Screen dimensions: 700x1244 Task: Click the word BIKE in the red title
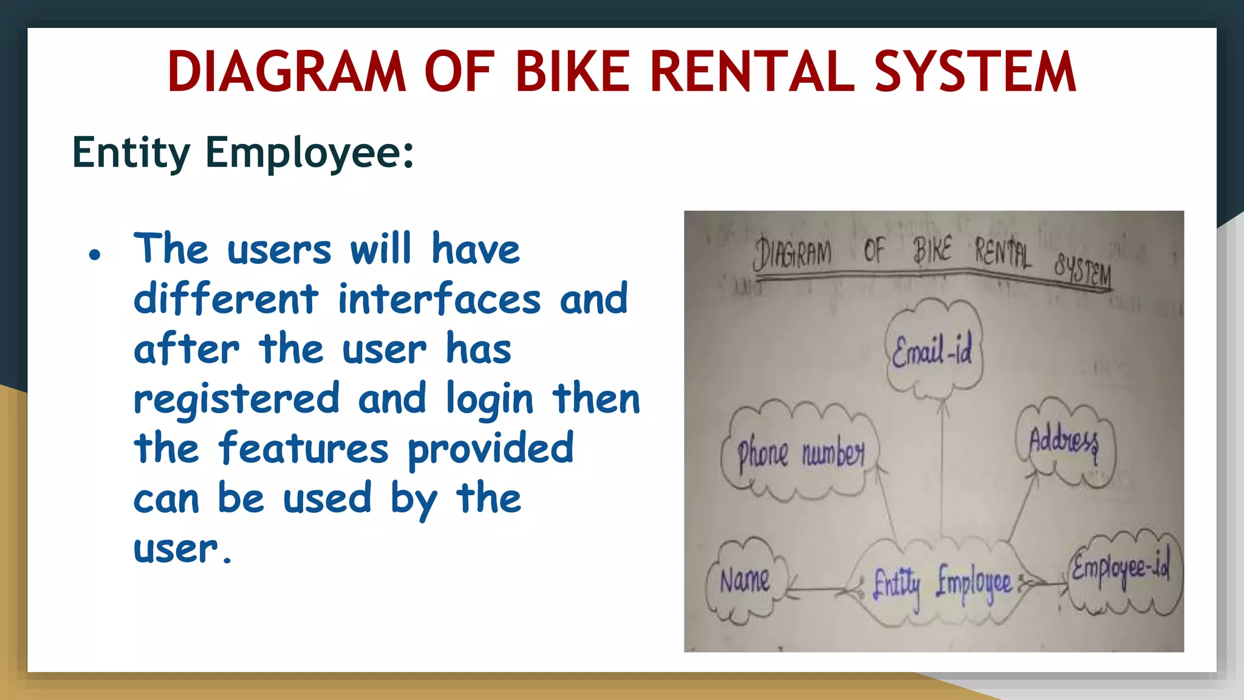click(574, 72)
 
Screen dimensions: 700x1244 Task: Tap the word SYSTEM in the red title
click(975, 72)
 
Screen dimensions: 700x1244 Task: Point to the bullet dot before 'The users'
click(94, 255)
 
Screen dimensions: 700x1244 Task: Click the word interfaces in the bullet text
click(439, 299)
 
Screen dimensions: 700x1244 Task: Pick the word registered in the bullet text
click(236, 399)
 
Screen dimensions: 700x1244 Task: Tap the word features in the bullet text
click(304, 448)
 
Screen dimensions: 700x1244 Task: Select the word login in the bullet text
click(490, 399)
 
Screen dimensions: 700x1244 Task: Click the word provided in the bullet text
click(490, 448)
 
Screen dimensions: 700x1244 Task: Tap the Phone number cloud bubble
click(800, 453)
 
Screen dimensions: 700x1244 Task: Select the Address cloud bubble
click(1064, 442)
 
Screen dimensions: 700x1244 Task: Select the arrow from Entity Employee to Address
click(1022, 507)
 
